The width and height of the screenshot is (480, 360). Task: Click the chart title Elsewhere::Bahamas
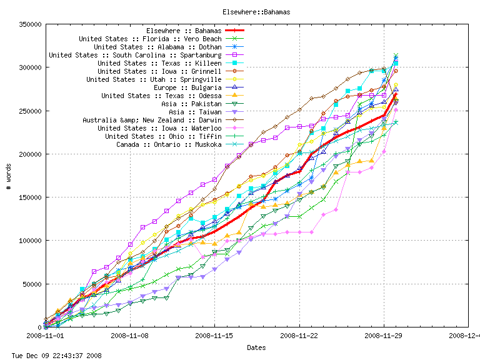click(x=256, y=12)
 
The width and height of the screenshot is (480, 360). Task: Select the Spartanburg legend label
click(x=135, y=55)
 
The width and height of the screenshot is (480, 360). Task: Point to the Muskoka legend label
click(x=169, y=144)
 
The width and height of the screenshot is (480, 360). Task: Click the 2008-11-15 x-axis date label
click(x=214, y=336)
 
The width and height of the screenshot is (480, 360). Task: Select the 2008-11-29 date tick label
click(x=384, y=336)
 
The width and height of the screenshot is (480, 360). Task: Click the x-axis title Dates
click(x=256, y=347)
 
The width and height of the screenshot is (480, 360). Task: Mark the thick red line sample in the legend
click(x=235, y=31)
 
